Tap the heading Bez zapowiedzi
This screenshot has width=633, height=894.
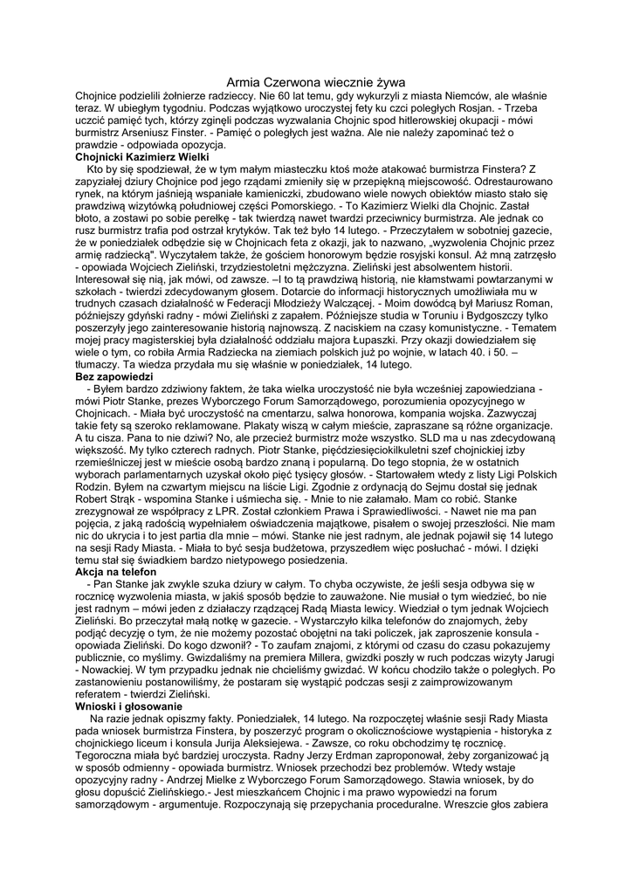(114, 375)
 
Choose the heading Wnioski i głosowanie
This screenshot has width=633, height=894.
(128, 705)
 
